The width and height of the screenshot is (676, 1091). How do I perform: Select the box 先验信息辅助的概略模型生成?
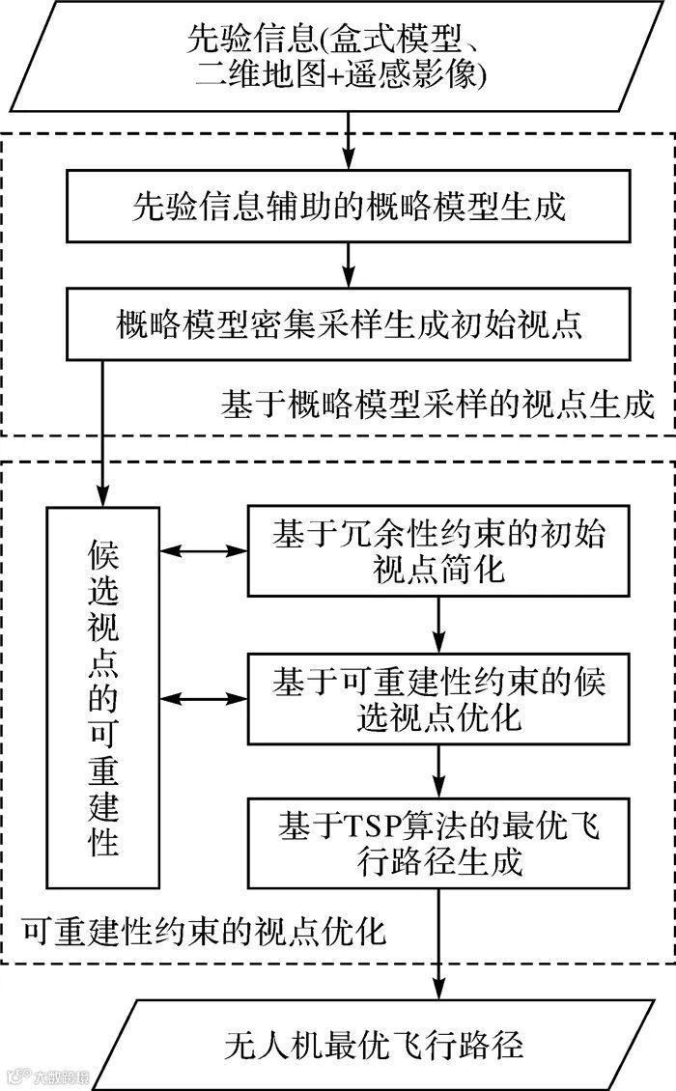(x=348, y=207)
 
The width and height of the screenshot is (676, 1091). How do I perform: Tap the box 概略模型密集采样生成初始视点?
(x=348, y=322)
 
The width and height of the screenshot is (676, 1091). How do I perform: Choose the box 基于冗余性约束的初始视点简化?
(x=439, y=550)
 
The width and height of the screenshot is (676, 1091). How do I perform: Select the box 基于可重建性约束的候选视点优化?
(x=439, y=699)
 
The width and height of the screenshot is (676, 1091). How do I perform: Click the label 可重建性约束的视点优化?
(x=203, y=933)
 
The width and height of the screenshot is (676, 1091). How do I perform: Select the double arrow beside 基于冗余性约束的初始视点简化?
(x=203, y=551)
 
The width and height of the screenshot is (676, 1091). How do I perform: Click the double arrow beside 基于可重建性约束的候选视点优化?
(x=203, y=697)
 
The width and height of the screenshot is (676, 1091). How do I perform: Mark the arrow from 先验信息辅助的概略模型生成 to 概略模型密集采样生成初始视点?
(x=348, y=263)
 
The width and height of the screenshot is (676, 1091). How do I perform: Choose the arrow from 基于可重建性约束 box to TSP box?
(x=439, y=769)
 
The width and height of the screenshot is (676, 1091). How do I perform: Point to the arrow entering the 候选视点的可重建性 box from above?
(x=103, y=425)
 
